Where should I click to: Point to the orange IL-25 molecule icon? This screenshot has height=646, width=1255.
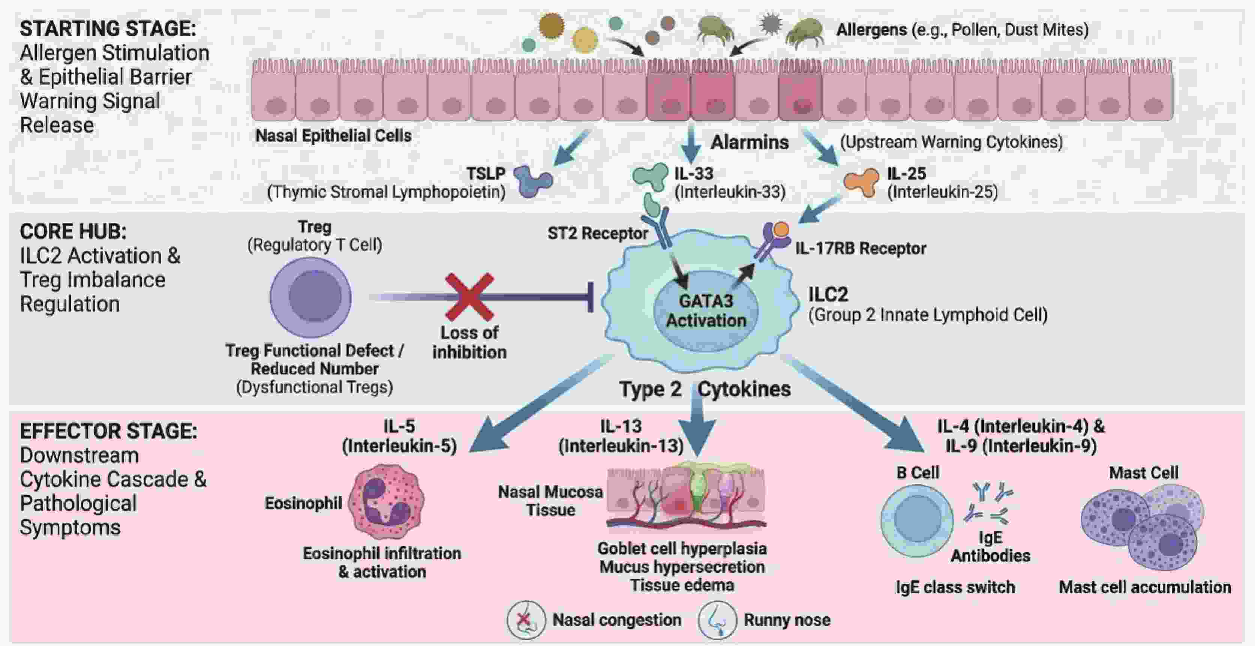coord(861,182)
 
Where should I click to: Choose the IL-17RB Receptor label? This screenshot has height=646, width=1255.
coord(860,249)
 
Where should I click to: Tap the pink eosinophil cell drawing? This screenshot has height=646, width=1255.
coord(386,501)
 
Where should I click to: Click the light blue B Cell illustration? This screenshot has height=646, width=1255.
coord(917,520)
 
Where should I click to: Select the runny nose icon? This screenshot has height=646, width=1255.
coord(717,620)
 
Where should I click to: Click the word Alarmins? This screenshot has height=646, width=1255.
coord(749,142)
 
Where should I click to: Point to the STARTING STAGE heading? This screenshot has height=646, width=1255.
coord(108,29)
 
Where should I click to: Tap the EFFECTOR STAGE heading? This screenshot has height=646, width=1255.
coord(108,431)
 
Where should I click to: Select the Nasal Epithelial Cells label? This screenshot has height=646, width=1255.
coord(333,135)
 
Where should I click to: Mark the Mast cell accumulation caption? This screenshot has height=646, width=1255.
coord(1145,587)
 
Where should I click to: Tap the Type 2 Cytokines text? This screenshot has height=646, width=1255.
coord(704,389)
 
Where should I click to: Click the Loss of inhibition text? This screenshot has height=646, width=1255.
coord(469,342)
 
